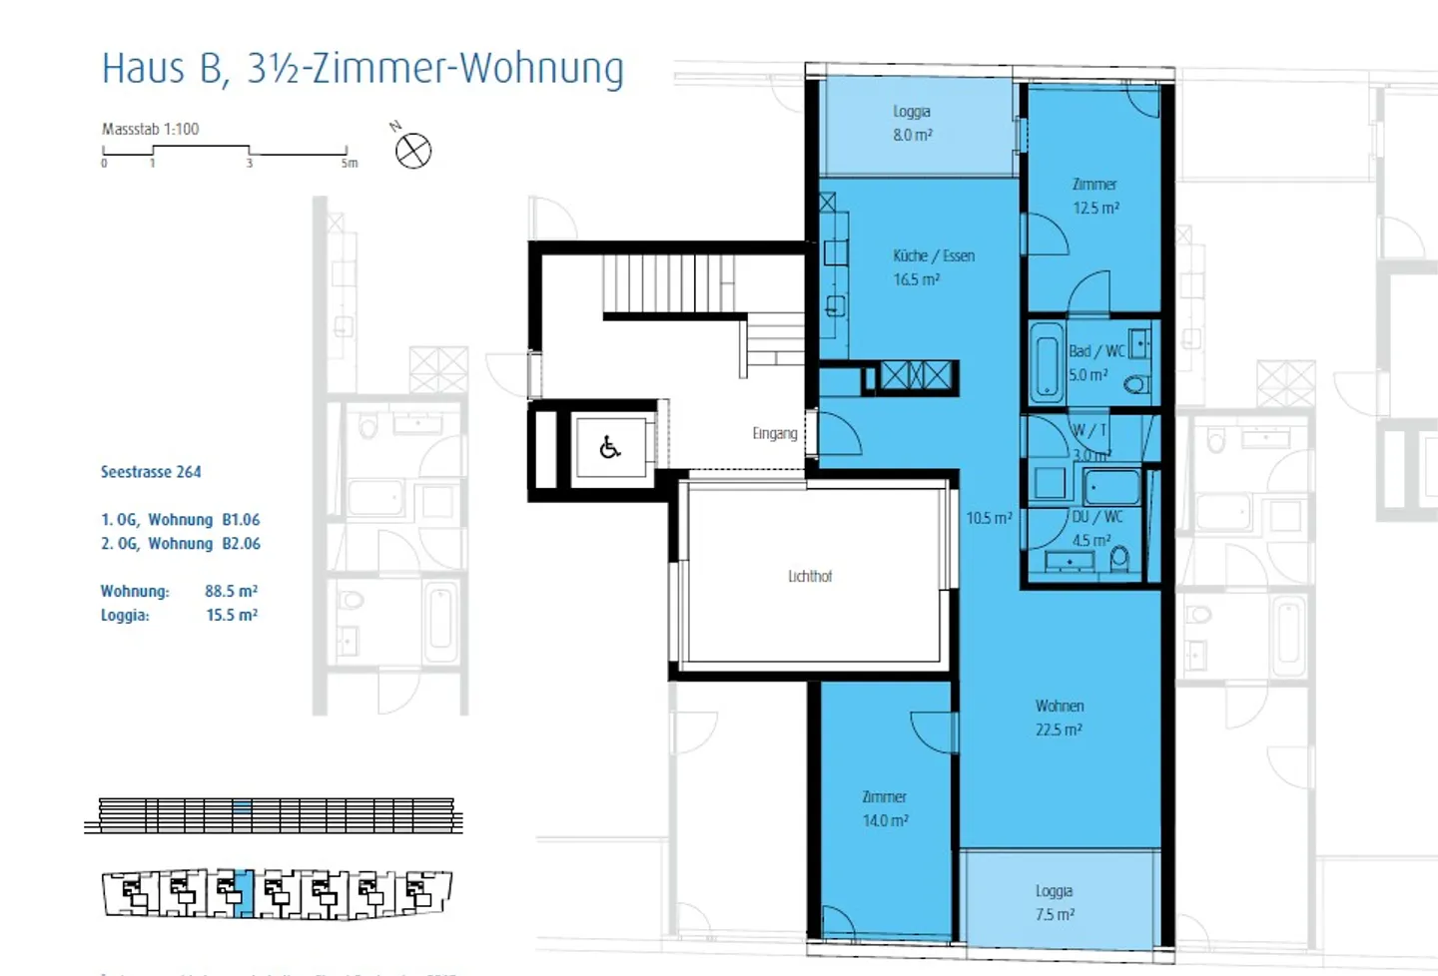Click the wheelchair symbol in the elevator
610,447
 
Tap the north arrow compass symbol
412,152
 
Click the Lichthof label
809,576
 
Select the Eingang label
774,433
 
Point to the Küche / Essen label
933,255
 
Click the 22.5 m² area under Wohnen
1058,730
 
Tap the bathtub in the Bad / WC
1047,361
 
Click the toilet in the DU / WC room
1119,558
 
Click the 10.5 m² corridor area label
988,518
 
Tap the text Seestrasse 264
151,472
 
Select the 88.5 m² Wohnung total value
231,591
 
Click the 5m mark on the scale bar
349,163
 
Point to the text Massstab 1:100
150,129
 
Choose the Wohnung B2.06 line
180,543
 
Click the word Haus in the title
144,69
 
